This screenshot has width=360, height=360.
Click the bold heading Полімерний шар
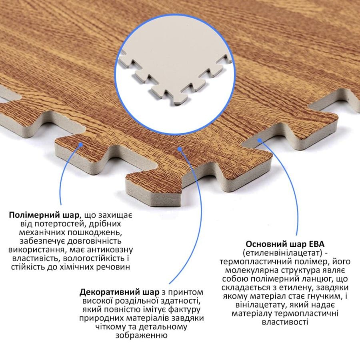click(x=44, y=215)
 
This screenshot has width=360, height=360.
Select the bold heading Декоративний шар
click(x=119, y=292)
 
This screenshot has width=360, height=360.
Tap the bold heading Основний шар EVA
click(x=285, y=244)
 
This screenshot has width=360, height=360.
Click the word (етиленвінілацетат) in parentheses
click(x=282, y=253)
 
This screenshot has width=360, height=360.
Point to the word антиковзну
click(x=110, y=250)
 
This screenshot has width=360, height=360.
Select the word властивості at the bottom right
click(x=285, y=322)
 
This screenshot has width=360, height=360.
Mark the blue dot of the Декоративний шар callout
click(x=180, y=149)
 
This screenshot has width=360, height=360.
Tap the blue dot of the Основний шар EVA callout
click(x=259, y=140)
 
